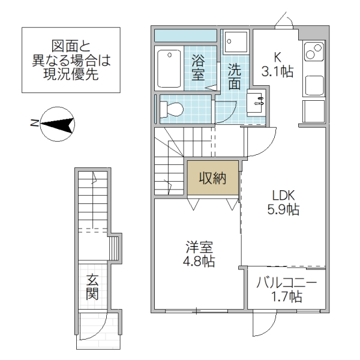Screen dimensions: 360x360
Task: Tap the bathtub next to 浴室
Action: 170,67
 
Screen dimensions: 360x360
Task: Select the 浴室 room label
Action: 198,67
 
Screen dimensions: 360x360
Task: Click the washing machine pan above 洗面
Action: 235,42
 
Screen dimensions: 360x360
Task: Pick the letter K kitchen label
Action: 277,58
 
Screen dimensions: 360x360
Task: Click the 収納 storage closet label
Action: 212,178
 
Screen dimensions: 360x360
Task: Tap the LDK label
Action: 284,196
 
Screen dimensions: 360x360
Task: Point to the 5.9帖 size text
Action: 284,210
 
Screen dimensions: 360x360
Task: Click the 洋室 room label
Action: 199,247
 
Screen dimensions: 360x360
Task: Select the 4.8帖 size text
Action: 199,262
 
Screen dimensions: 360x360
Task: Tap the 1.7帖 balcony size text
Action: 286,296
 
